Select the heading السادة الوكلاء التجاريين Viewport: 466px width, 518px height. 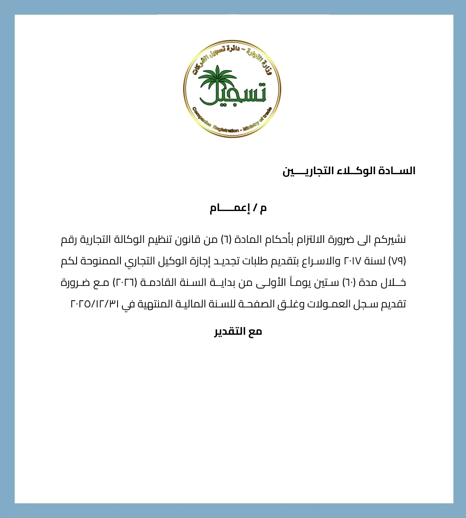coord(349,171)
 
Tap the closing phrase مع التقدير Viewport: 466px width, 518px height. coord(238,331)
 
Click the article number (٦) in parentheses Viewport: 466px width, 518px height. coord(226,240)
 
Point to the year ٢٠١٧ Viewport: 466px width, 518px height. coord(353,261)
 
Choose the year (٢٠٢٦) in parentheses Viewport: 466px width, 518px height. coord(125,283)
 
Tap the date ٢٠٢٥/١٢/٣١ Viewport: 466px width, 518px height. coord(95,304)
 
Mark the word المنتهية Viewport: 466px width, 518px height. coord(155,304)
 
